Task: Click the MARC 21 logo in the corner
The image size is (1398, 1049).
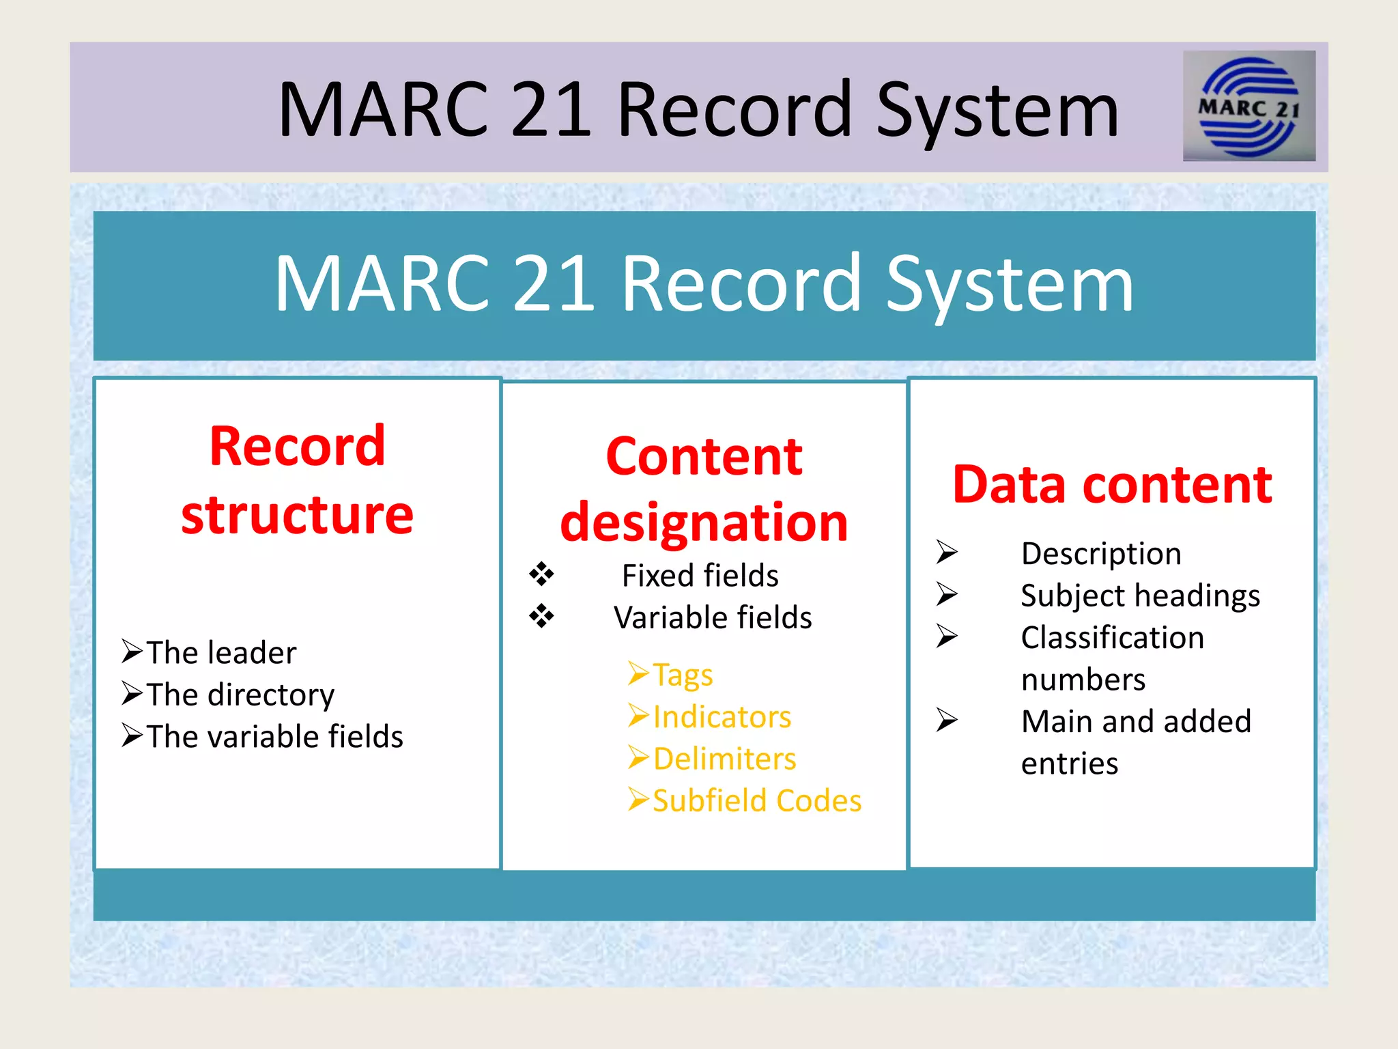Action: click(x=1249, y=107)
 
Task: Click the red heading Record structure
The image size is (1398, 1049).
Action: click(x=297, y=479)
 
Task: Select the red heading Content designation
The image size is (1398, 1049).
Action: click(x=704, y=489)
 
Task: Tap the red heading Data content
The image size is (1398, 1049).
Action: click(x=1112, y=485)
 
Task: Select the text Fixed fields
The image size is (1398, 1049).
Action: click(x=700, y=576)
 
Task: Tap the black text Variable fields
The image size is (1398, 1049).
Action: click(x=713, y=617)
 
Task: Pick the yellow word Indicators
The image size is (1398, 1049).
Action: click(x=722, y=717)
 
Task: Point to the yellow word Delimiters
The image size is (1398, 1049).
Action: click(x=724, y=759)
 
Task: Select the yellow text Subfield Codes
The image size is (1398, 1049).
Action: click(x=756, y=800)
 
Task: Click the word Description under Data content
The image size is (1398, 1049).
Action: click(x=1101, y=553)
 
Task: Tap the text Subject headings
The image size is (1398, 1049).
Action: click(x=1140, y=596)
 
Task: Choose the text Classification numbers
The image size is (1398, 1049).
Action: click(x=1112, y=658)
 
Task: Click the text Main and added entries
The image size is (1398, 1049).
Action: click(x=1136, y=742)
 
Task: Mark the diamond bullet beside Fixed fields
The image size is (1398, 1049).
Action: click(x=541, y=574)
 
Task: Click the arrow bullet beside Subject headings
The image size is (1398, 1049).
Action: click(x=947, y=593)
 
